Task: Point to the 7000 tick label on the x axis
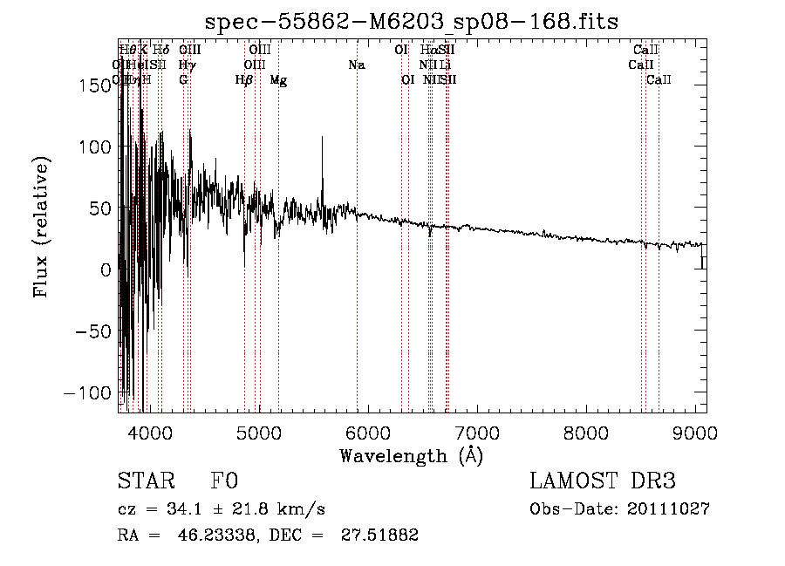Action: pos(477,433)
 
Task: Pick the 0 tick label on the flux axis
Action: pos(106,270)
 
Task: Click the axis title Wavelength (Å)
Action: pos(411,455)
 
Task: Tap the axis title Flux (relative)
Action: pos(42,226)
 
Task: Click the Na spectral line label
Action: pos(356,65)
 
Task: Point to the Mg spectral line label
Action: pos(278,80)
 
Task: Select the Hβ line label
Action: pos(244,80)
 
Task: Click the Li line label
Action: pos(445,65)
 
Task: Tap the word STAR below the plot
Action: pos(140,482)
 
